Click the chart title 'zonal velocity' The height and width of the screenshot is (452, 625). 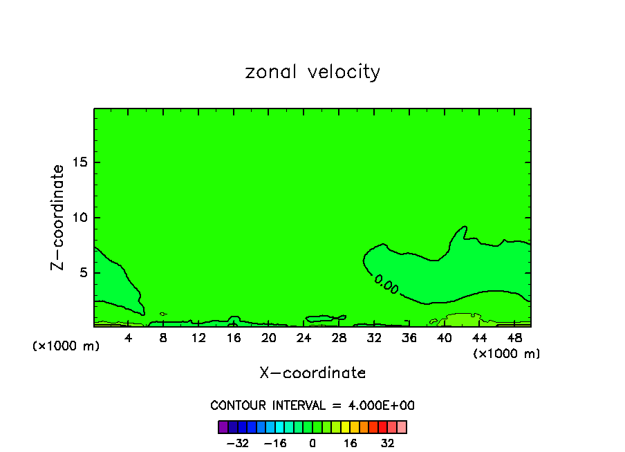click(x=312, y=73)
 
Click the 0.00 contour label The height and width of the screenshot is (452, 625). click(x=386, y=285)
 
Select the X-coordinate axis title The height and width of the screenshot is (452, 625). click(x=312, y=373)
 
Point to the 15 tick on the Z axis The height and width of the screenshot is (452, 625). click(x=80, y=162)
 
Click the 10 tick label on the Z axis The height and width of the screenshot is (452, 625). click(x=80, y=218)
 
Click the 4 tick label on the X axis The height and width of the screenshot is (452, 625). click(x=129, y=338)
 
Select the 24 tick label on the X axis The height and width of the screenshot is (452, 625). click(x=304, y=338)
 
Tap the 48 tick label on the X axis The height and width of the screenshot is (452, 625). click(x=514, y=338)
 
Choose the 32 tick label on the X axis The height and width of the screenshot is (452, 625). click(x=374, y=338)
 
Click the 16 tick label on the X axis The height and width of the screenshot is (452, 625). click(x=234, y=338)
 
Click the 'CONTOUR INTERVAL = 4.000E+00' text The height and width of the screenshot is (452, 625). click(x=312, y=406)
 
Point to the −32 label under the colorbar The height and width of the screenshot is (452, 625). click(x=238, y=443)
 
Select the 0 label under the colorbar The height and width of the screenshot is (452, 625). click(x=312, y=443)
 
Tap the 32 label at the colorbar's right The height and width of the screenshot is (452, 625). click(x=388, y=443)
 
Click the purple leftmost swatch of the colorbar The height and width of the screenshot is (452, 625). click(x=223, y=427)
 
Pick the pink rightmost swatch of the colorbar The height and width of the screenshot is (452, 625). click(x=402, y=427)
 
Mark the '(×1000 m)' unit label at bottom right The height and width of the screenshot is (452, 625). click(x=507, y=354)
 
